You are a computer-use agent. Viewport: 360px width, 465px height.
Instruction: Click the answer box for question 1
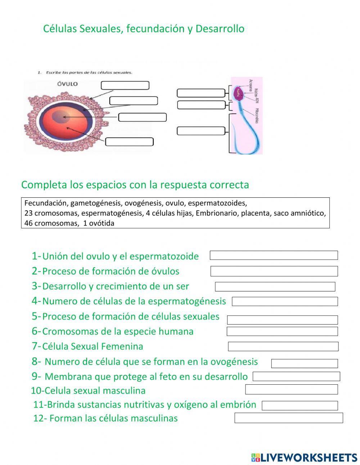click(x=274, y=255)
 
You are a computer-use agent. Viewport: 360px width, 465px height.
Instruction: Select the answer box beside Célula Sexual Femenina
click(x=283, y=346)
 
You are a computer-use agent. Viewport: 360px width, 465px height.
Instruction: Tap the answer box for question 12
click(x=288, y=418)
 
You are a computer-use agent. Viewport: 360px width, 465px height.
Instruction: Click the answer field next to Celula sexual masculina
click(x=291, y=389)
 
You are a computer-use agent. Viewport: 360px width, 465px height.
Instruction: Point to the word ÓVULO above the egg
click(x=67, y=84)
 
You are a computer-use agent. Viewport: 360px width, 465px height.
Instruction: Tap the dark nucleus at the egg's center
click(x=62, y=116)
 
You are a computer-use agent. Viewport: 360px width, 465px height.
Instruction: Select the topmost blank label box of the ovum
click(x=125, y=85)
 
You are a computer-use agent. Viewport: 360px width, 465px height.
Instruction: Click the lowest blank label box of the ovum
click(x=129, y=142)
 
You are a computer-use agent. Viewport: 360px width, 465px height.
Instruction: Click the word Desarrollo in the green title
click(x=220, y=29)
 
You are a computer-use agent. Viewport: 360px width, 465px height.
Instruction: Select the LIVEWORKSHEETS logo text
click(x=308, y=457)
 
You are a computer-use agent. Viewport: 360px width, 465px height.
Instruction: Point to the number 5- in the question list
click(x=36, y=316)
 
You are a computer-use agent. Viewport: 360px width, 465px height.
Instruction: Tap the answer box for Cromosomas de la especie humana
click(x=282, y=331)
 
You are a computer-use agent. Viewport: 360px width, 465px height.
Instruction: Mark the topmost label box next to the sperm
click(x=201, y=93)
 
